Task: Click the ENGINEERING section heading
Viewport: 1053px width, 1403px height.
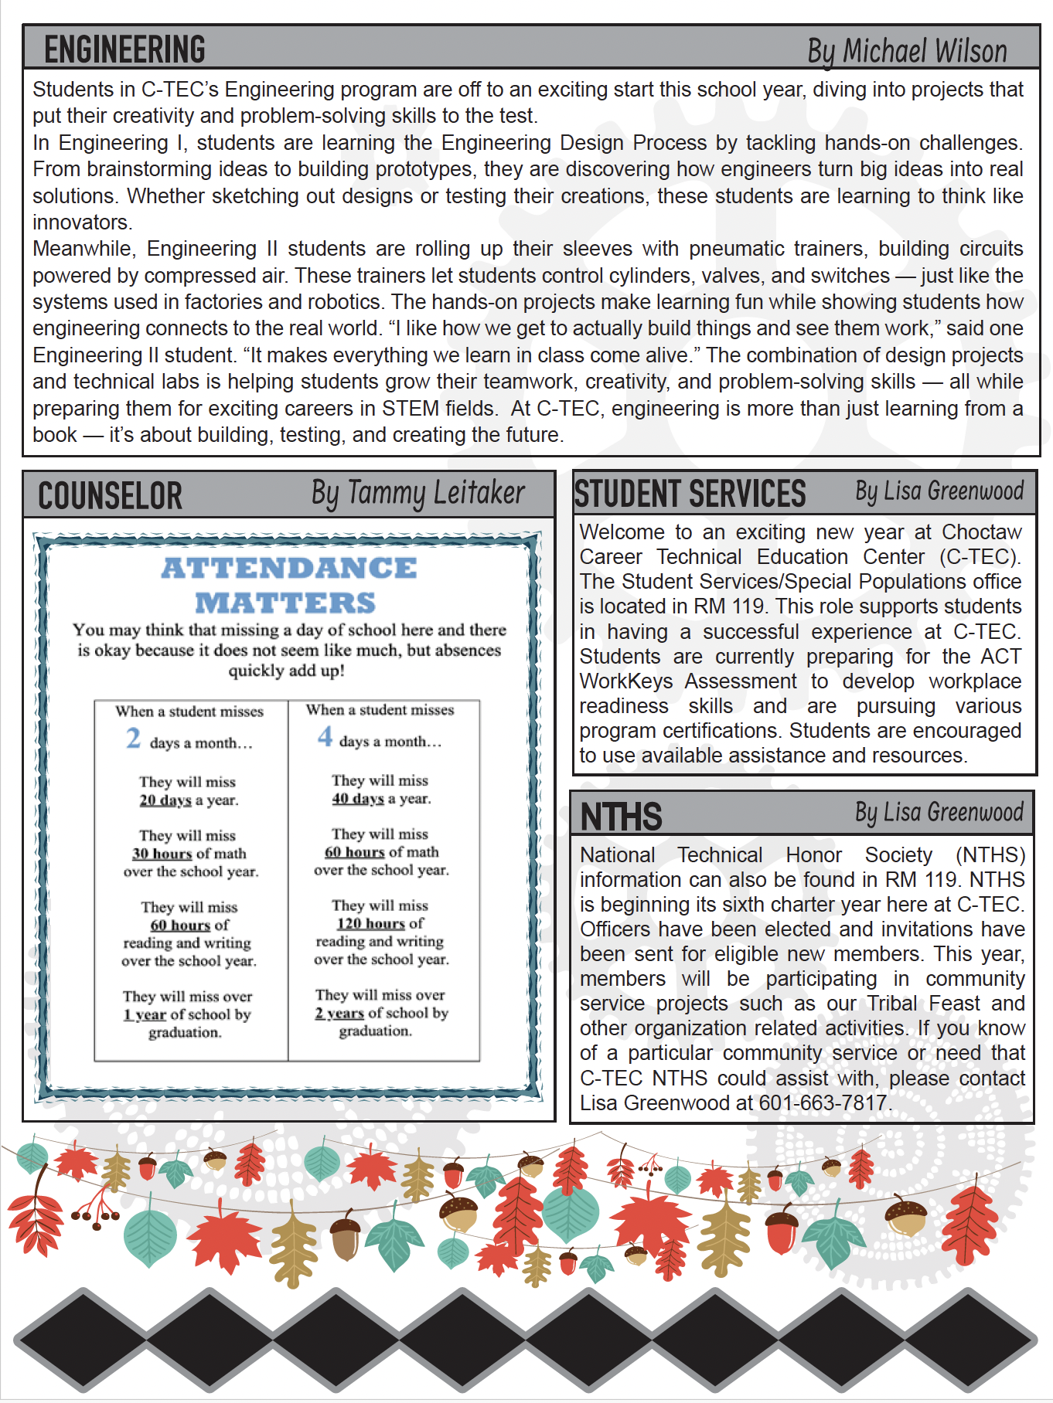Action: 124,49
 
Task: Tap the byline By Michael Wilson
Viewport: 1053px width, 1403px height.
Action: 907,51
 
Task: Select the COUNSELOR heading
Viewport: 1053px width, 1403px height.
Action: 110,496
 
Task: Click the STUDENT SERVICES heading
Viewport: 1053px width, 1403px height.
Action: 690,494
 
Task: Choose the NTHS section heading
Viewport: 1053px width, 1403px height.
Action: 621,817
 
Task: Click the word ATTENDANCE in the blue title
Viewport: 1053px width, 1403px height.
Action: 288,568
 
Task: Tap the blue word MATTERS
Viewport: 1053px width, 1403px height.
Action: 285,603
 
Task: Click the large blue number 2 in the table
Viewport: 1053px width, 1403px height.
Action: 133,739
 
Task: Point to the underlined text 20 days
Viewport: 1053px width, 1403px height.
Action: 165,800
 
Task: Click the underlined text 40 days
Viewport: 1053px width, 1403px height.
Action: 357,799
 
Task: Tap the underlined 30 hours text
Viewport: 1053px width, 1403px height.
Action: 162,854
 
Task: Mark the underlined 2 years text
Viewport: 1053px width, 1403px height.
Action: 339,1013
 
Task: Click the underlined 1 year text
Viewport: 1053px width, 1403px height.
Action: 145,1014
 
